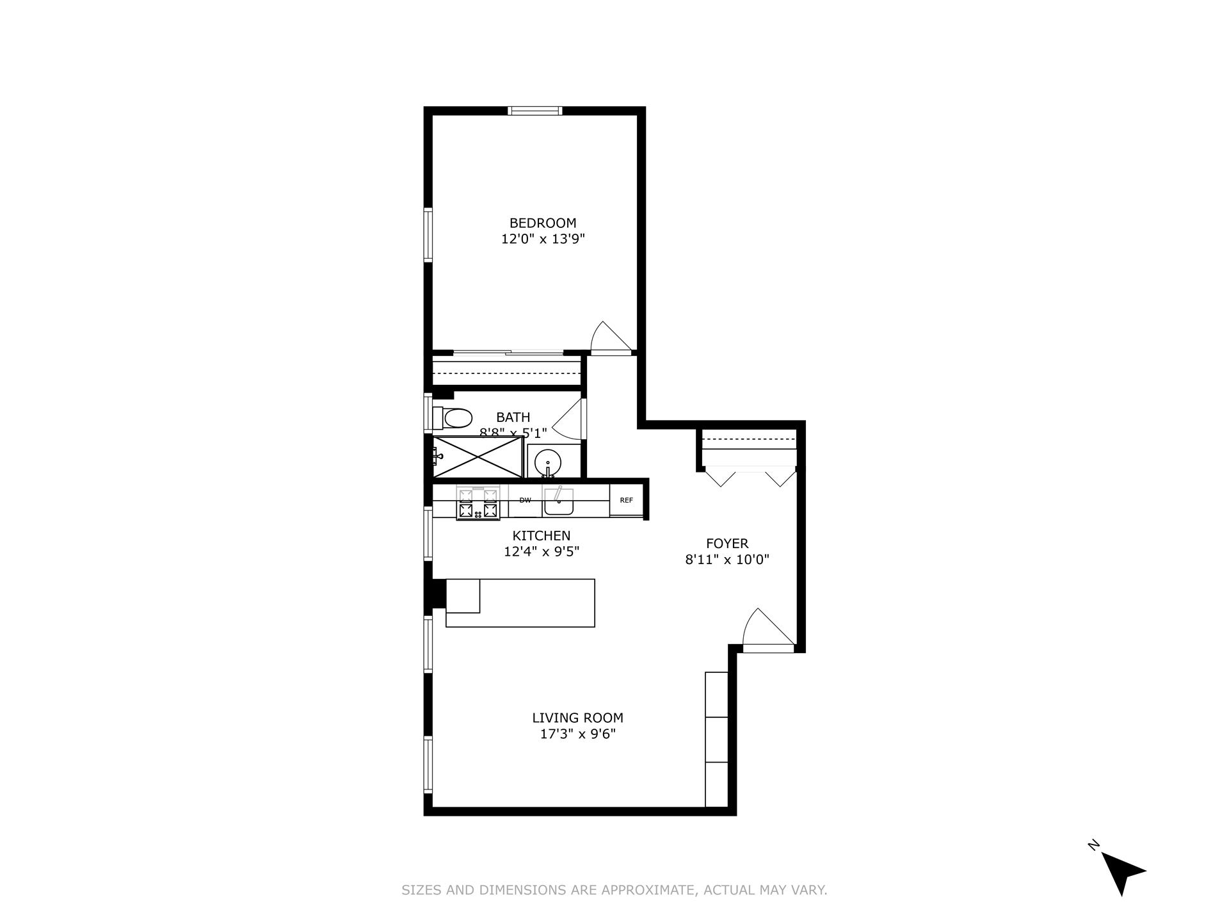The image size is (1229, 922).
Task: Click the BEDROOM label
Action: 542,223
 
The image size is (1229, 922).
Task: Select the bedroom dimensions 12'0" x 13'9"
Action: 543,239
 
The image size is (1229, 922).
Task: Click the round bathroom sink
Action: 547,460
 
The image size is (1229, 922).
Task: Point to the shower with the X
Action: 478,457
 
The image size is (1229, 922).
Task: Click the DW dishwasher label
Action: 525,500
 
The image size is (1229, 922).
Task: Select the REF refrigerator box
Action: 626,500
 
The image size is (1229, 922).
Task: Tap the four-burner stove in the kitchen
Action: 478,503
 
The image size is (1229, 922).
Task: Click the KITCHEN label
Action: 541,535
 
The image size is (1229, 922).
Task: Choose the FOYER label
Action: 727,544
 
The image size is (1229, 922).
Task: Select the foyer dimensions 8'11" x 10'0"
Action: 727,560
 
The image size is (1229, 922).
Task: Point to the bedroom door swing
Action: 610,337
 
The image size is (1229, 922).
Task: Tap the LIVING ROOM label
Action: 577,718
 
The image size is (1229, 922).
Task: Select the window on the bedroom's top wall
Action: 535,111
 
